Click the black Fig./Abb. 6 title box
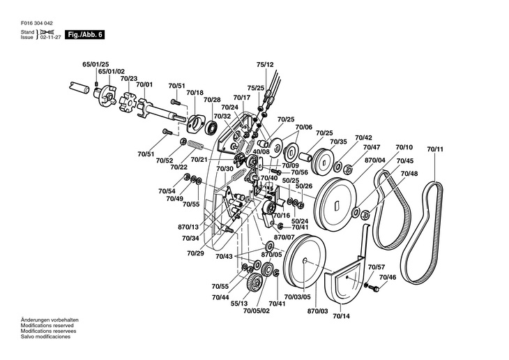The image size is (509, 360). tap(85, 35)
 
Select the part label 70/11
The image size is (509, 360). tap(435, 149)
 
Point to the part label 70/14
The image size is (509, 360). tap(342, 316)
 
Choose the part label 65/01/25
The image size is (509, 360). tap(96, 64)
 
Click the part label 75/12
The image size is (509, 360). tap(265, 64)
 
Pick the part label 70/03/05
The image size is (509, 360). tap(297, 297)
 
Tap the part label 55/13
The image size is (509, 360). tap(239, 303)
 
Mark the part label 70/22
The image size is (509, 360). tap(179, 167)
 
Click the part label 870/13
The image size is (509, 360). tap(188, 227)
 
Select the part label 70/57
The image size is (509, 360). tap(377, 267)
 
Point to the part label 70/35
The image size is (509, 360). tap(339, 142)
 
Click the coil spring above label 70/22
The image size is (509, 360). tap(196, 145)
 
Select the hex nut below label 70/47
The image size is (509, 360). tap(348, 169)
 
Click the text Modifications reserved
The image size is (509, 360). tap(47, 325)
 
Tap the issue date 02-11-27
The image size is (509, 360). tap(50, 38)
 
